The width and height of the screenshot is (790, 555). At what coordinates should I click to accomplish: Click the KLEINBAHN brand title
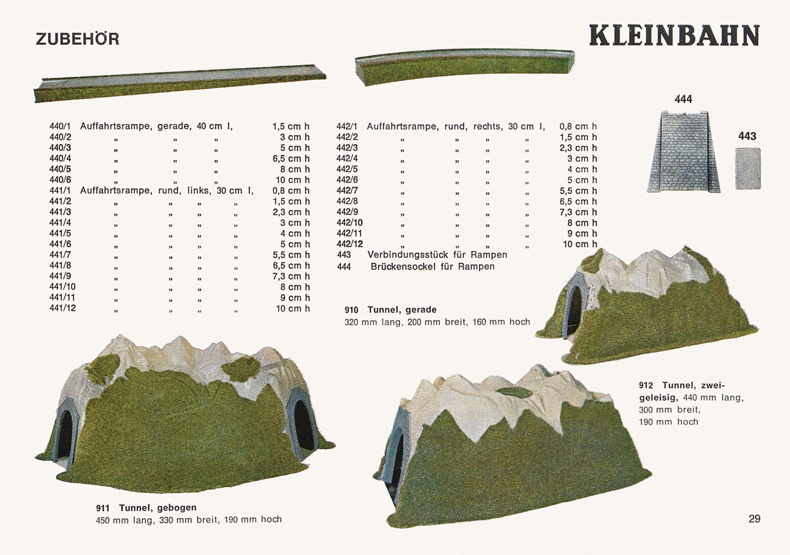coord(674,36)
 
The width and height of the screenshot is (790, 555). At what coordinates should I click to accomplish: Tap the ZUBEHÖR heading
coord(78,38)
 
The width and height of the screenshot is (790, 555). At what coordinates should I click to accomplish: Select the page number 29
coord(754,519)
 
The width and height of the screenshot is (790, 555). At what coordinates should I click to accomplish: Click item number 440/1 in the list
coord(60,126)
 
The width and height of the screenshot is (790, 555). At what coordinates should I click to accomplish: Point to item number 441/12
coord(63,308)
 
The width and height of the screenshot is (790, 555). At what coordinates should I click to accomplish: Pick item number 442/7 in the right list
coord(347,190)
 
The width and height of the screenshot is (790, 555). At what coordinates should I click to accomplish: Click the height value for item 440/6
coord(293,180)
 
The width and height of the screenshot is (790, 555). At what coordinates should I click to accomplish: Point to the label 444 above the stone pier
coord(683,99)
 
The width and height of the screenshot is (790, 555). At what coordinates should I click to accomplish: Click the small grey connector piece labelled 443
coord(748,169)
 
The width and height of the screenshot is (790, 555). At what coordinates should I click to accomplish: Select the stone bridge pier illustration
coord(683,152)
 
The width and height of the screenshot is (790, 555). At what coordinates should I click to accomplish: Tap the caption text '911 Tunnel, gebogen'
coord(146,508)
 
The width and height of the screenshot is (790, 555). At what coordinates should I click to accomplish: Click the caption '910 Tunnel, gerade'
coord(391,310)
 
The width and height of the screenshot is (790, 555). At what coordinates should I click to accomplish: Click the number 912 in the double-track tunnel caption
coord(646,385)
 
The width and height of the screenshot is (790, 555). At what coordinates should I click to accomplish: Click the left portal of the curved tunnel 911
coord(64,433)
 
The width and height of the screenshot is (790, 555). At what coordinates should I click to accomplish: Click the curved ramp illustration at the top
coord(465,67)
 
